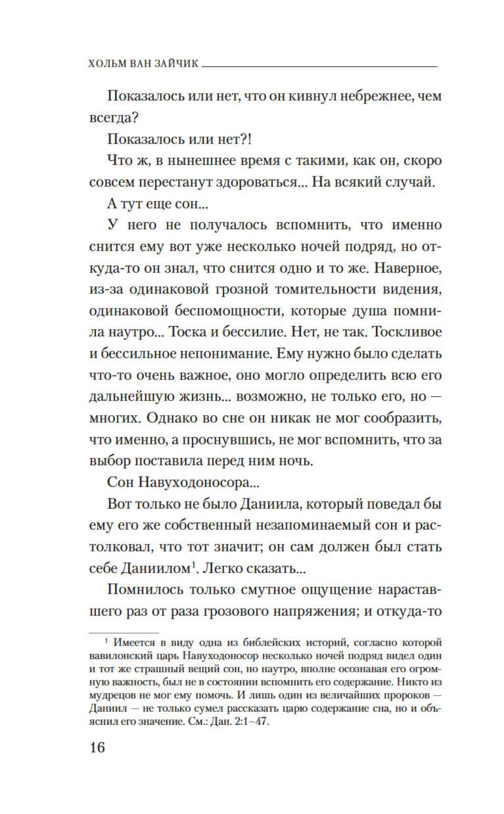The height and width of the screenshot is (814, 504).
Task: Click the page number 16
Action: point(97,747)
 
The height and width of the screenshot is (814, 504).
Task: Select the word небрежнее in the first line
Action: point(370,96)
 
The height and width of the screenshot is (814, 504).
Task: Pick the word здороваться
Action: point(258,182)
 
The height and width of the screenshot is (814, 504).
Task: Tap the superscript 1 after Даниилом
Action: point(193,565)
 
